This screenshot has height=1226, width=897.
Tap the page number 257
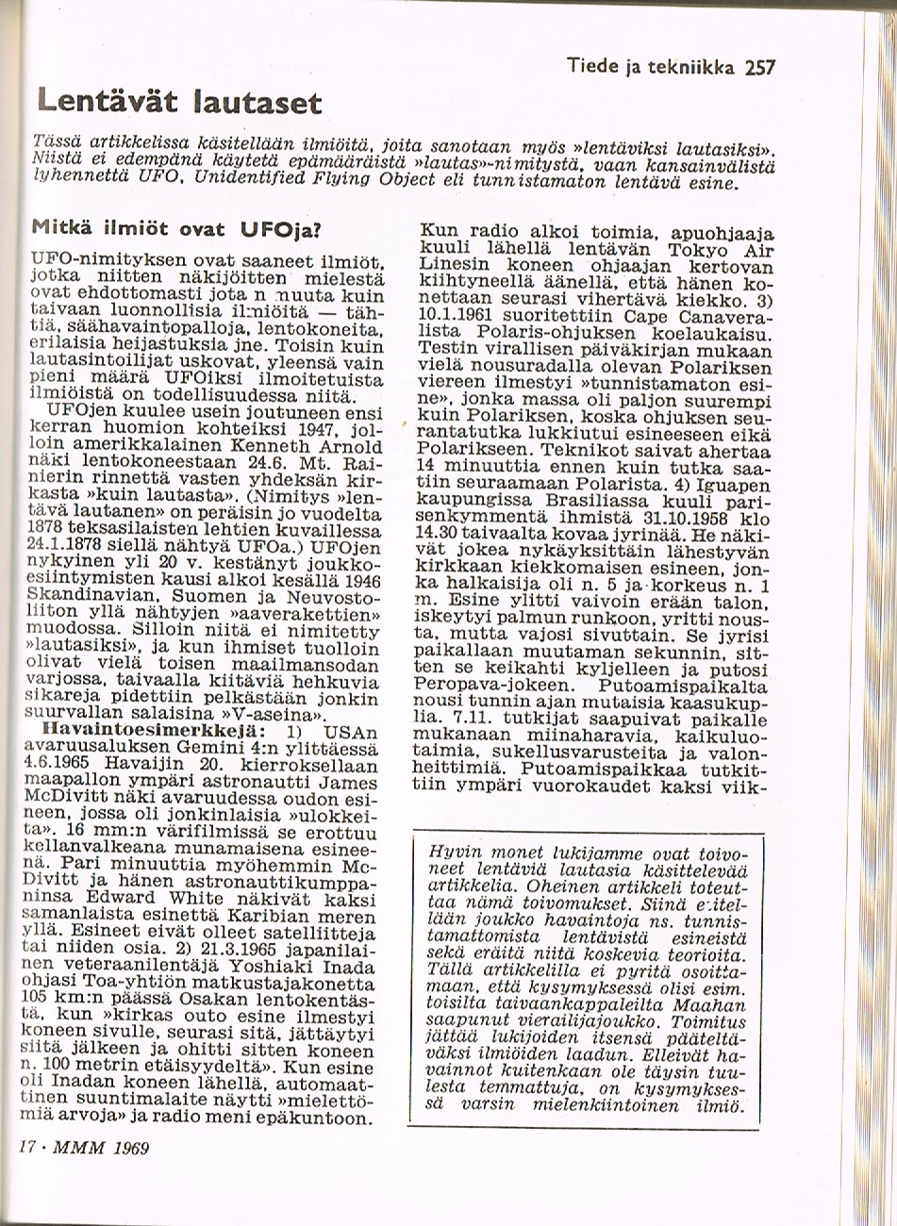click(x=758, y=67)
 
